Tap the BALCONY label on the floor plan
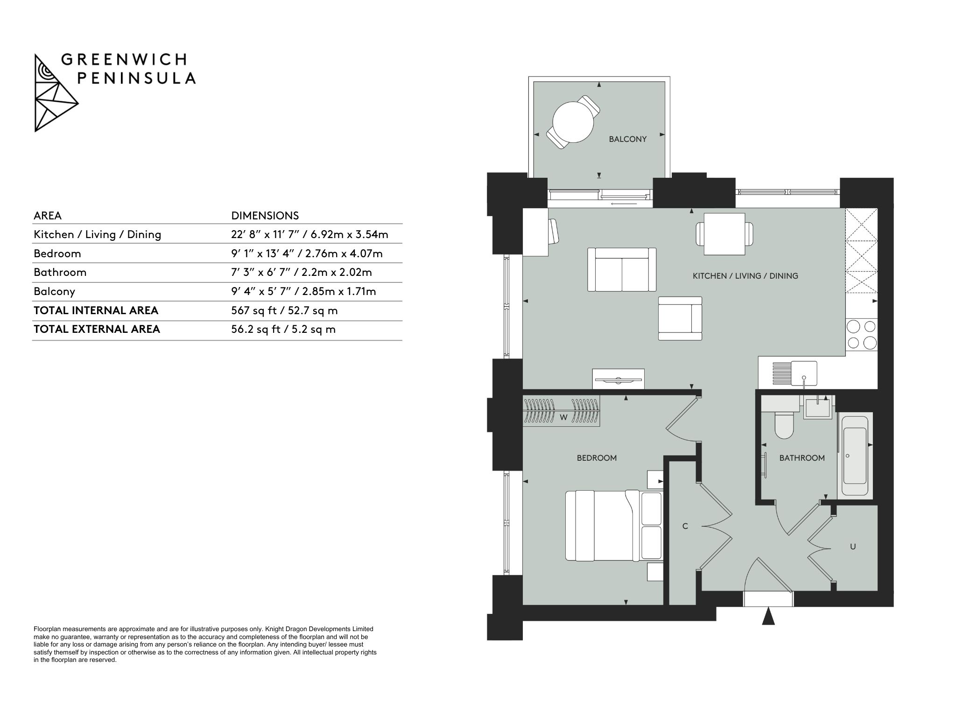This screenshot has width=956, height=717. click(x=627, y=139)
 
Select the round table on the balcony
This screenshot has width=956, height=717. click(x=573, y=122)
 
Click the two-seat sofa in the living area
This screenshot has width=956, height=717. click(x=622, y=270)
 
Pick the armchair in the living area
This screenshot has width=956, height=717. click(x=680, y=318)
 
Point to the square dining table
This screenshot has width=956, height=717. click(x=724, y=234)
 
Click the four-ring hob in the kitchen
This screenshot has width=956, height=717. click(x=862, y=334)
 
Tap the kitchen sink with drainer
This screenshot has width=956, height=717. click(x=795, y=374)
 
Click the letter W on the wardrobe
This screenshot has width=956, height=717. click(x=563, y=418)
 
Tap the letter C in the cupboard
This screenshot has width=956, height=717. click(x=685, y=527)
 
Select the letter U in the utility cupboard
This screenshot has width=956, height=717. click(x=853, y=547)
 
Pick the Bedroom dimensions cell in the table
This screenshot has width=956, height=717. click(x=307, y=253)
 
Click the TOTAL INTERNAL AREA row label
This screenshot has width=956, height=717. click(x=96, y=310)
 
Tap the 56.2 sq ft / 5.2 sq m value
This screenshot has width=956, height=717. click(x=283, y=330)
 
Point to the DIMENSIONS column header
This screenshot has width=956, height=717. click(x=265, y=216)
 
